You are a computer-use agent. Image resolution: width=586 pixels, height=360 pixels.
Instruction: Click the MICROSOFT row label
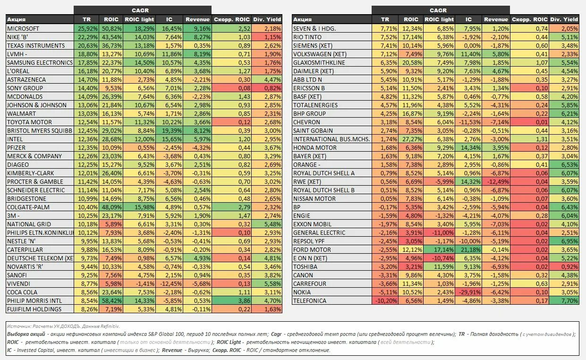click(23, 28)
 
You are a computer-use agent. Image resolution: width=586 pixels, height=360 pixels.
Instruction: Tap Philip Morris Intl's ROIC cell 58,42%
click(112, 300)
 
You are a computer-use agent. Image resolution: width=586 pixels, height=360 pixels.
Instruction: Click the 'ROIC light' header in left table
click(139, 19)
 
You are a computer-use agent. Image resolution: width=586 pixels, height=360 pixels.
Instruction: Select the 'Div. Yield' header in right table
click(564, 19)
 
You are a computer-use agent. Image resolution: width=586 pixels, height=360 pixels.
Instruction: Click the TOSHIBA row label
click(305, 266)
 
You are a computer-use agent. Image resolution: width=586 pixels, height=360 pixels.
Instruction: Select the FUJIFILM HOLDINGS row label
click(34, 309)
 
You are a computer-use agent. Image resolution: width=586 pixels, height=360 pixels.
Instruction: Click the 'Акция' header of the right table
click(302, 19)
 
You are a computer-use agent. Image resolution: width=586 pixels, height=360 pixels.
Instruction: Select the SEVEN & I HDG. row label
click(314, 28)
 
